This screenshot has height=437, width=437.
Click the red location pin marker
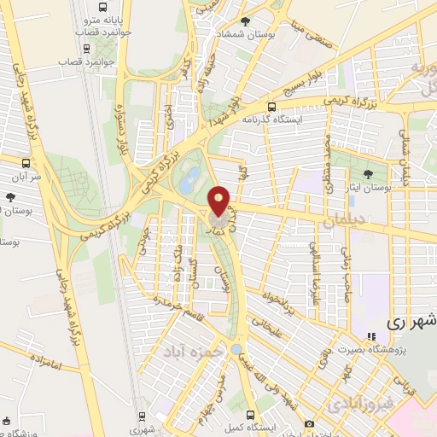[219, 201]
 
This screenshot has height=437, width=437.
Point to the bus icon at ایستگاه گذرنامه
[271, 107]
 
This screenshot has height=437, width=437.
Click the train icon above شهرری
[143, 417]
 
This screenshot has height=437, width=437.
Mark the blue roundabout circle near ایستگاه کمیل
[236, 350]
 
